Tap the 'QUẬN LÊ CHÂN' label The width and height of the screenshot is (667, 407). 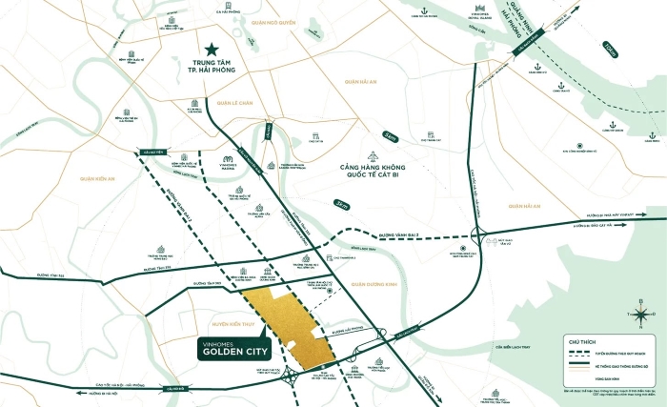tap(233, 102)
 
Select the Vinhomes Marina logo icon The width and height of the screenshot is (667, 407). tap(228, 158)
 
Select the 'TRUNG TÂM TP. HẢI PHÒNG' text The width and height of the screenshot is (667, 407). tap(211, 73)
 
